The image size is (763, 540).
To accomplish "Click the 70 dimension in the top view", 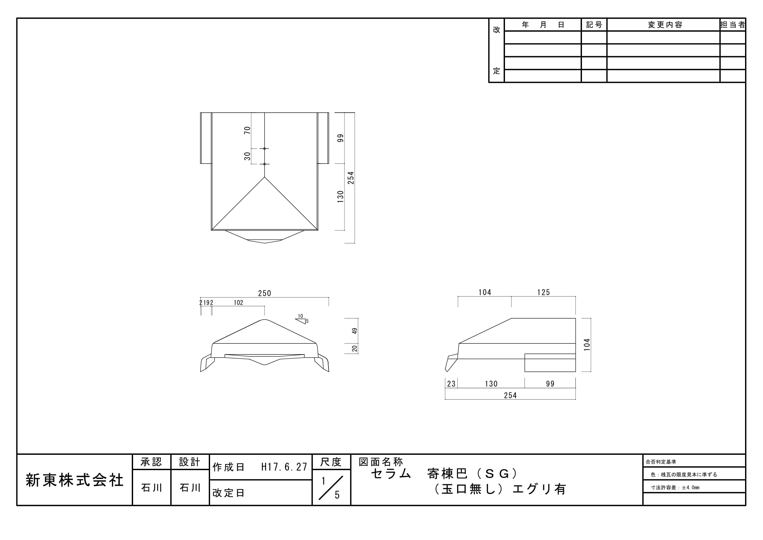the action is tap(247, 130).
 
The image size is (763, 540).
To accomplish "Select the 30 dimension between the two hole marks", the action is tap(247, 156).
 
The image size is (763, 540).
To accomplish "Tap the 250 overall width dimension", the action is tap(265, 293).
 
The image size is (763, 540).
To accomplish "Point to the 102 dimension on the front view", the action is tap(238, 303).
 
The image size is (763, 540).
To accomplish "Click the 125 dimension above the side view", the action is tap(544, 292).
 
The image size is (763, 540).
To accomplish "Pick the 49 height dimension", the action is tap(355, 331).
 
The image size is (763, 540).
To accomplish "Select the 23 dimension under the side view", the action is tap(451, 384).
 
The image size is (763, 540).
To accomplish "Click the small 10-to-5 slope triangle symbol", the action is tap(300, 321).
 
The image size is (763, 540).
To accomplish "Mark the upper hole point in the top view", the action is tap(265, 149).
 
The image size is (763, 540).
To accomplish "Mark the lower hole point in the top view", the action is tap(265, 164).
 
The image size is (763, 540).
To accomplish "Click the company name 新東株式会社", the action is tap(74, 480).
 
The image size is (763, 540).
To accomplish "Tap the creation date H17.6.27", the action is tap(284, 467).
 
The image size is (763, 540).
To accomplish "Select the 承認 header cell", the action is tap(152, 462).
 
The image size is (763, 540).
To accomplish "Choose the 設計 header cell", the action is tap(190, 462).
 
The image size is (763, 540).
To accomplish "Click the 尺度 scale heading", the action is tap(331, 462).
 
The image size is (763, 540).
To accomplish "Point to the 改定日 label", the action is tap(228, 493).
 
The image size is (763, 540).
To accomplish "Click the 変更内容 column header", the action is tap(665, 24).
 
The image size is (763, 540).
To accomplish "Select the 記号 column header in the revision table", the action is tap(594, 24).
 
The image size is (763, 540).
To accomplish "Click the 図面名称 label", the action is tap(381, 462).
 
